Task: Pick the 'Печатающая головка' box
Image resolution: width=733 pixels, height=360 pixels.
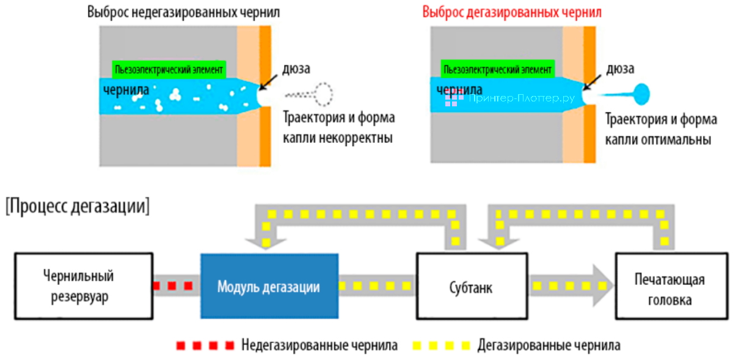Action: [671, 288]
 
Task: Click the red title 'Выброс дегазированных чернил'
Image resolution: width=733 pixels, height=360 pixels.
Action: [511, 12]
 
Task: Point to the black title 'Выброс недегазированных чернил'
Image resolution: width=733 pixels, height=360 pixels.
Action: [183, 12]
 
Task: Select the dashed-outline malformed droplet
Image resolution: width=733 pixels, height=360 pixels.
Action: [321, 94]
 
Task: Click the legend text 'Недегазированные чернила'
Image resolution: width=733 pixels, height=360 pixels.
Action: [319, 345]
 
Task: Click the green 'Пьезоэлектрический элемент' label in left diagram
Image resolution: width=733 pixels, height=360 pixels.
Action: [169, 69]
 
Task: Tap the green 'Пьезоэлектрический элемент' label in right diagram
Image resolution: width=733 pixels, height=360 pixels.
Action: [498, 69]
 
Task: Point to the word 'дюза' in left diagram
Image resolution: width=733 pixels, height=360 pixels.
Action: [296, 67]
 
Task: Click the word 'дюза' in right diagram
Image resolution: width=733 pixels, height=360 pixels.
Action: [619, 68]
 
